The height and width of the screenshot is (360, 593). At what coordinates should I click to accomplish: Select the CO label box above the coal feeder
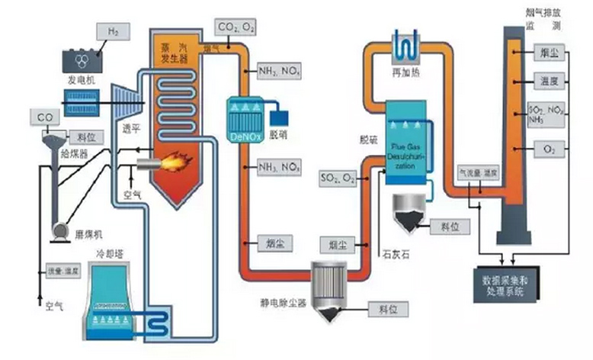coord(41,116)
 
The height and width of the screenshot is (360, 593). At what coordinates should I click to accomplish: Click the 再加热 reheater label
coord(405,72)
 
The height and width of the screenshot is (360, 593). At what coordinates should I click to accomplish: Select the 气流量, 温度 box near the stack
coord(477,172)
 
